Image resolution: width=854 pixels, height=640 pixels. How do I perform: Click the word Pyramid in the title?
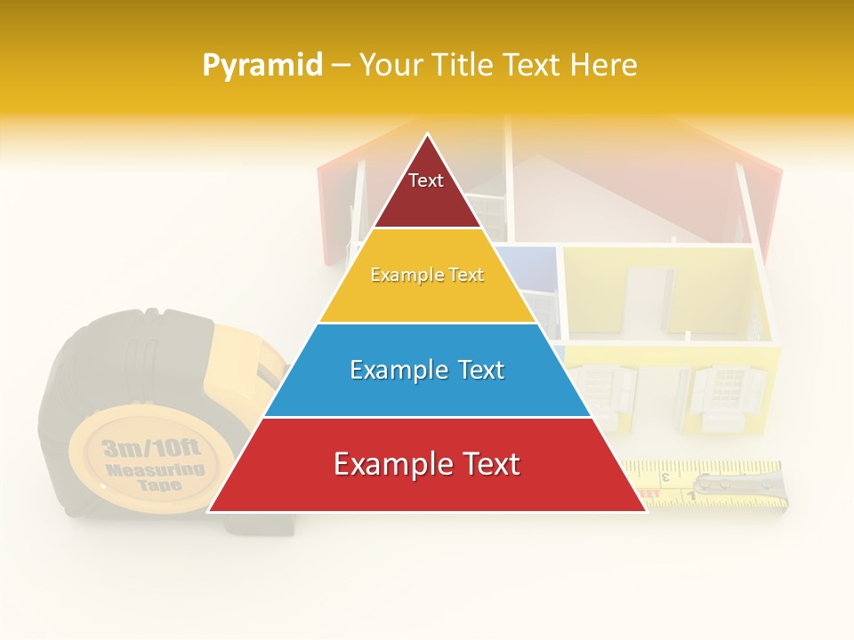pyautogui.click(x=262, y=65)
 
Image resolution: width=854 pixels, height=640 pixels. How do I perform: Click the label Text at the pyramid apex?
pyautogui.click(x=425, y=180)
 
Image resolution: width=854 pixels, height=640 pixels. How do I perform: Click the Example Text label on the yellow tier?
pyautogui.click(x=427, y=275)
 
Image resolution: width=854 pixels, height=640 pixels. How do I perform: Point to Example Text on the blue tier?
pyautogui.click(x=427, y=370)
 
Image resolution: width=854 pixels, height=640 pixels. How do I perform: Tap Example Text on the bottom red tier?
pyautogui.click(x=427, y=464)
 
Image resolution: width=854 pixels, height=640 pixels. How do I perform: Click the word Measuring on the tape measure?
pyautogui.click(x=155, y=469)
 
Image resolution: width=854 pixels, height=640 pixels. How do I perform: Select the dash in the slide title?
pyautogui.click(x=341, y=65)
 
